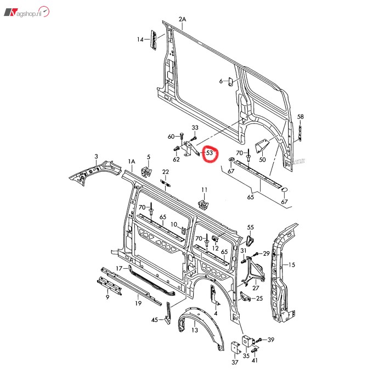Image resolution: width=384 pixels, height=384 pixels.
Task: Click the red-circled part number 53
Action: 209,155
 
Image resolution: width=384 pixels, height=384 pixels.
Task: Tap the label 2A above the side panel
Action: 183,20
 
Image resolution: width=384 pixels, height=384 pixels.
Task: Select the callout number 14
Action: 140,39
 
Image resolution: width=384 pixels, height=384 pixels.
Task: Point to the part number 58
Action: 300,117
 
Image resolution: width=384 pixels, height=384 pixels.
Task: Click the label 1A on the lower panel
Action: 131,161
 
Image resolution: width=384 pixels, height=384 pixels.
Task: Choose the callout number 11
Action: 204,190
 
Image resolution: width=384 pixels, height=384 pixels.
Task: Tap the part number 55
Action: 251,227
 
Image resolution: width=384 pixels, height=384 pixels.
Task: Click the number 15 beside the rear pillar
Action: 292,265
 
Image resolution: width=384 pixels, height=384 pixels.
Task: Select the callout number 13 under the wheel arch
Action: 195,330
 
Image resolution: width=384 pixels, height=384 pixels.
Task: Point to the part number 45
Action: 155,320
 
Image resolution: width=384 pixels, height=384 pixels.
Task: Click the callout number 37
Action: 235,362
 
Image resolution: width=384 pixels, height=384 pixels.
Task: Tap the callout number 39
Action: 271,340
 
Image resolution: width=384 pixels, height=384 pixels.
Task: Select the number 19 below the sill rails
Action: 139,303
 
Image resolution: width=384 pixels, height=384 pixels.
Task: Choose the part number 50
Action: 262,160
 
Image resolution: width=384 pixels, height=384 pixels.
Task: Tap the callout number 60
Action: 171,137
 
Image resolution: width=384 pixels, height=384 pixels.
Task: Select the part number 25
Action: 259,298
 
